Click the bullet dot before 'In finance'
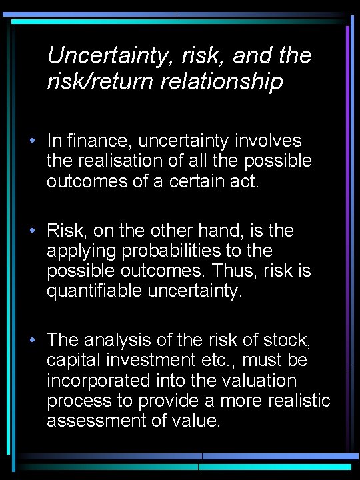coord(31,141)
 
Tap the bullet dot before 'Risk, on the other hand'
coord(31,231)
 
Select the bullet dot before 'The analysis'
coord(31,340)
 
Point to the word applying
coord(77,251)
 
